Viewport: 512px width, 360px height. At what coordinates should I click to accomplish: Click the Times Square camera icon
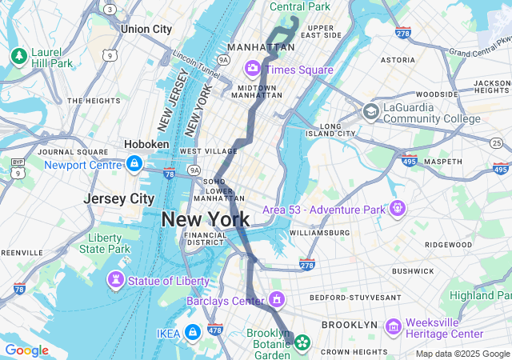(x=254, y=69)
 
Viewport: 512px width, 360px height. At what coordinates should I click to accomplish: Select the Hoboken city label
(x=146, y=144)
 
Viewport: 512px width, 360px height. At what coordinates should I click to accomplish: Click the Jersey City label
(x=119, y=198)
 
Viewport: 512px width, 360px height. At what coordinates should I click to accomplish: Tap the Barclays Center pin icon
(x=277, y=301)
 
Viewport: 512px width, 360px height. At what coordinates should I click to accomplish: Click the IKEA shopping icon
(x=193, y=332)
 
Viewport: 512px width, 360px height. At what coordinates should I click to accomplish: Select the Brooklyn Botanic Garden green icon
(x=302, y=343)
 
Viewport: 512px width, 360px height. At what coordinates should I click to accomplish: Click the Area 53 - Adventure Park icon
(x=397, y=209)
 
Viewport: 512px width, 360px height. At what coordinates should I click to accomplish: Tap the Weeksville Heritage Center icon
(x=393, y=326)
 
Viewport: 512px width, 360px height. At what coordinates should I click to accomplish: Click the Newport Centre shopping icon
(x=134, y=165)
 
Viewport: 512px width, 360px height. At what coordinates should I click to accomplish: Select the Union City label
(x=146, y=29)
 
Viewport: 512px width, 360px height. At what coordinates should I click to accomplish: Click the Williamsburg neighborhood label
(x=319, y=233)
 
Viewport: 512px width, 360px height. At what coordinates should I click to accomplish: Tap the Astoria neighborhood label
(x=398, y=59)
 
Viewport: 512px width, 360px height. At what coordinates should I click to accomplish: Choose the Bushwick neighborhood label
(x=412, y=271)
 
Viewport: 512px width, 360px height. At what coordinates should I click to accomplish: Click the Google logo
(x=26, y=350)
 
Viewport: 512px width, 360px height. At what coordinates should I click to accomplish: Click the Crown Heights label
(x=354, y=351)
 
